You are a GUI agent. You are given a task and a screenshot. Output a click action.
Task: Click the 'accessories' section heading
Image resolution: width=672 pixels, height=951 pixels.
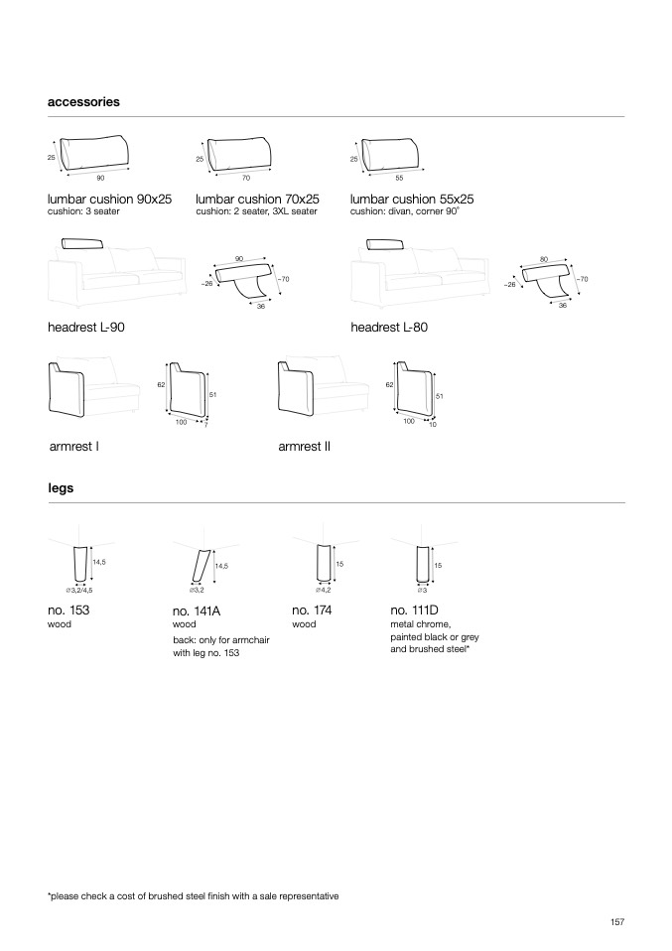tap(83, 101)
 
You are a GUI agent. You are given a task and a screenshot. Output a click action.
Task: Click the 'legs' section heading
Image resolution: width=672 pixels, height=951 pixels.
tap(61, 487)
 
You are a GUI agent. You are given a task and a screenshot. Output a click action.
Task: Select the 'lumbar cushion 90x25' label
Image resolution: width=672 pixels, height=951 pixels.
tap(109, 199)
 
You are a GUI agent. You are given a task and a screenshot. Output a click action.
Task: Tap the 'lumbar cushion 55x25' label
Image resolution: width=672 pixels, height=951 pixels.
tap(412, 199)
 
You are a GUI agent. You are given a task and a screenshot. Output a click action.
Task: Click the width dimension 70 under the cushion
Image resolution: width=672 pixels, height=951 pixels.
tap(245, 178)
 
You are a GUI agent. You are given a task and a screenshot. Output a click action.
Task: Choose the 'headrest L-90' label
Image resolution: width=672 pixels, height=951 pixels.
tap(86, 327)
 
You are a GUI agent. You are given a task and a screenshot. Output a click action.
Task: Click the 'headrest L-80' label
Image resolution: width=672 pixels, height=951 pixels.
tap(389, 327)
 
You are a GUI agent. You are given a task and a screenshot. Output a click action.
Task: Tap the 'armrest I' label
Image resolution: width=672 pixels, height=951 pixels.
tap(73, 447)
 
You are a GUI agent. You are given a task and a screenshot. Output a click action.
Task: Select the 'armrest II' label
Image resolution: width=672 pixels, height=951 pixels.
tap(305, 447)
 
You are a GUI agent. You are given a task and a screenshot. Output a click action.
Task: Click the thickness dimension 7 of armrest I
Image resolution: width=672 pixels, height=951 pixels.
tap(205, 425)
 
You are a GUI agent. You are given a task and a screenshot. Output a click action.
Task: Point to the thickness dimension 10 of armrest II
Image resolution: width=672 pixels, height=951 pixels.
tap(433, 425)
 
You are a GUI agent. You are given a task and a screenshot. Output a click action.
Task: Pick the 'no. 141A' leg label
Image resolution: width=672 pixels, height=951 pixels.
tap(197, 611)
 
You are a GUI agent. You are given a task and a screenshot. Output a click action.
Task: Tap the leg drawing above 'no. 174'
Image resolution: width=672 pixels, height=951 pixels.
tap(322, 564)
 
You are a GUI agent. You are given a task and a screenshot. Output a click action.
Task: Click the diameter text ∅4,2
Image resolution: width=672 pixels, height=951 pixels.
tap(324, 590)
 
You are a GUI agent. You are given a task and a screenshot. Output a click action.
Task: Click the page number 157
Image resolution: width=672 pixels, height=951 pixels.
tap(616, 922)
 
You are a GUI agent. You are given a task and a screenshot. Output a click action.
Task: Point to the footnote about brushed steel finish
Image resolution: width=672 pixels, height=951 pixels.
tap(194, 895)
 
